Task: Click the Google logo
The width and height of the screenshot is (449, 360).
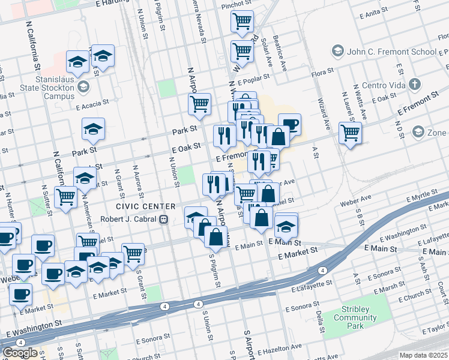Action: click(x=20, y=352)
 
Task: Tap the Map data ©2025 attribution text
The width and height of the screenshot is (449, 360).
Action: click(x=424, y=355)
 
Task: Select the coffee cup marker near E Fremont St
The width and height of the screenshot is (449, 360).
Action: click(x=289, y=124)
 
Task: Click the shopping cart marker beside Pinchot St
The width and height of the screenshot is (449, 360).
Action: click(x=243, y=22)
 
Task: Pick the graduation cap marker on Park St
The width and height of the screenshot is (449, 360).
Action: click(x=93, y=128)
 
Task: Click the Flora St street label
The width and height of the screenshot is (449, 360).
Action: click(x=322, y=73)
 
